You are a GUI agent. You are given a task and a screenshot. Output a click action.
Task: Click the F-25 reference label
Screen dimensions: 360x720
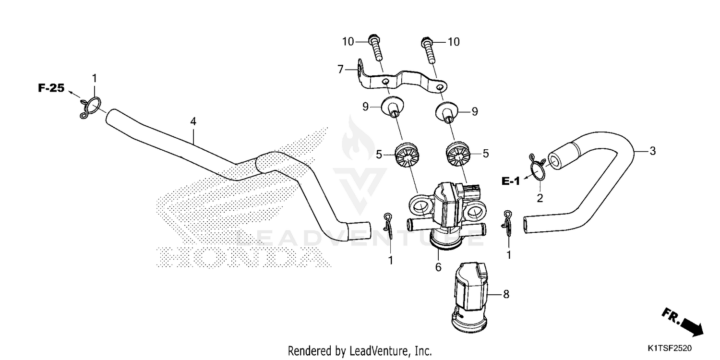51,88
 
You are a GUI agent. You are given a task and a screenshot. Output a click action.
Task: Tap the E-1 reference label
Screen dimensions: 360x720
511,181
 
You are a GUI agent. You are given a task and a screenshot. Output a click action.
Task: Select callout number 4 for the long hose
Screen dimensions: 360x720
193,122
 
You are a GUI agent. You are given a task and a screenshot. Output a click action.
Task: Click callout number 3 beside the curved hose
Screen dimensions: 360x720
652,151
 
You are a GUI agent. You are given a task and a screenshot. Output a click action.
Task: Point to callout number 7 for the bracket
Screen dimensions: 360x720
341,70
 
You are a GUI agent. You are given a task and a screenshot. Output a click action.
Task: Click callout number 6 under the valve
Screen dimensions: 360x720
438,267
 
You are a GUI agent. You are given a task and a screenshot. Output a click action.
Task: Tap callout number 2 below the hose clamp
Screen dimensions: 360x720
540,198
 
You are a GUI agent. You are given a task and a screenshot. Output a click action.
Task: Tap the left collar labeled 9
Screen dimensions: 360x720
393,107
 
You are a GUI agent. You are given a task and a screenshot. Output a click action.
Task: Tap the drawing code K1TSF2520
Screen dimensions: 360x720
670,347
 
